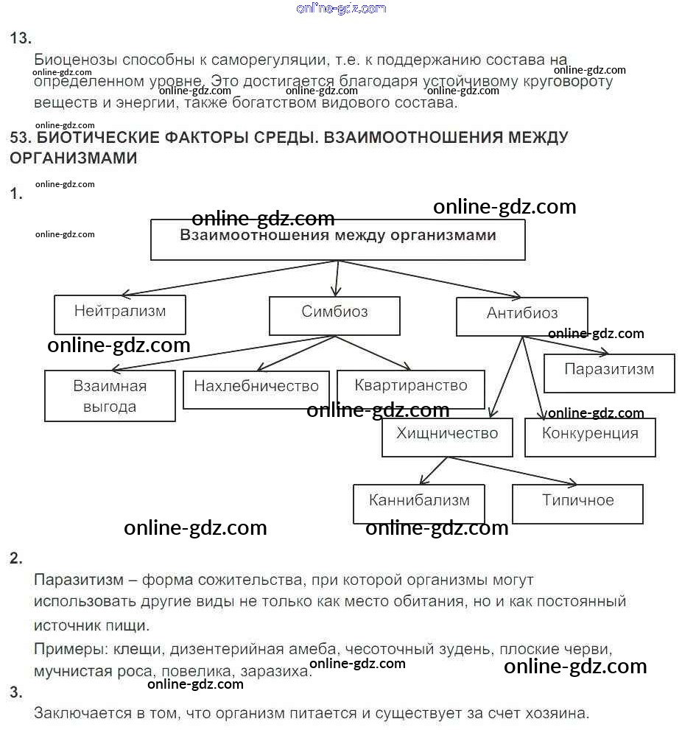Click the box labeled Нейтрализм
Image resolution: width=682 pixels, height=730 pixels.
(119, 315)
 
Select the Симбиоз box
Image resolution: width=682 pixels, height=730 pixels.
(334, 315)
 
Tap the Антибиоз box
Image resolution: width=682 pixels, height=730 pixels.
(521, 316)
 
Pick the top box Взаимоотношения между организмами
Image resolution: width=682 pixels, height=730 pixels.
(337, 239)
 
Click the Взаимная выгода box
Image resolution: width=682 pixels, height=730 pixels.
(110, 396)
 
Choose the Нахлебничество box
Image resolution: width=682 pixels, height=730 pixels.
(256, 388)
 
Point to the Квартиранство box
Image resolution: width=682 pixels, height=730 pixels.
(411, 388)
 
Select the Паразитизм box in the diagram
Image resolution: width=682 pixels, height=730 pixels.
(609, 373)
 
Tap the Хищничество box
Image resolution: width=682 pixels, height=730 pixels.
(447, 436)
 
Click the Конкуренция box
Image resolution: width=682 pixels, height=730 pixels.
(590, 436)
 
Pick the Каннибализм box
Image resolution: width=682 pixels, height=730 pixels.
(419, 503)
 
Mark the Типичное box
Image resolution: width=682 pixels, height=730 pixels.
(577, 503)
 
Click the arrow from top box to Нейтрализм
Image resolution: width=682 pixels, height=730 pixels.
(228, 278)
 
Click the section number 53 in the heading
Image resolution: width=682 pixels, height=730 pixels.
(19, 138)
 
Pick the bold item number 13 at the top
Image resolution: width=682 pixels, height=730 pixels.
(20, 39)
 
